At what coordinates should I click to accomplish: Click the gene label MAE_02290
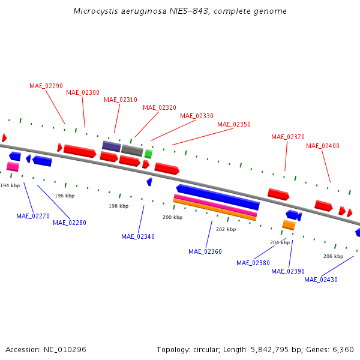click(x=46, y=86)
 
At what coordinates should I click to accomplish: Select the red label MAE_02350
click(x=234, y=124)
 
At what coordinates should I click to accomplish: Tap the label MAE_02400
click(x=323, y=146)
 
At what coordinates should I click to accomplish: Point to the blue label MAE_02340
click(x=138, y=236)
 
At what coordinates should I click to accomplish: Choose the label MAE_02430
click(x=321, y=280)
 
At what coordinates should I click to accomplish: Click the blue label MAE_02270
click(x=33, y=216)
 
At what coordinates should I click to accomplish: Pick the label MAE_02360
click(x=205, y=251)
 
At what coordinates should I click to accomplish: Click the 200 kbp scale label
click(x=173, y=217)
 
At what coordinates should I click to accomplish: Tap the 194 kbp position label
click(x=10, y=185)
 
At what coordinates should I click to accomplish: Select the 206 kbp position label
click(x=333, y=256)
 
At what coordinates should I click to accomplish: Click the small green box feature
click(x=148, y=154)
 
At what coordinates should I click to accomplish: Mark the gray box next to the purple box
click(x=132, y=150)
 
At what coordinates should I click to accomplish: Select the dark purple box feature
click(x=112, y=146)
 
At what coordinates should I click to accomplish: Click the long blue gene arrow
click(x=218, y=197)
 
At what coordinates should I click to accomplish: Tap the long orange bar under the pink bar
click(x=214, y=210)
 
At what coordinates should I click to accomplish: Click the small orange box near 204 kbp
click(x=289, y=225)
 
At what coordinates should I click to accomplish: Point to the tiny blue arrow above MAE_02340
click(x=149, y=181)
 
